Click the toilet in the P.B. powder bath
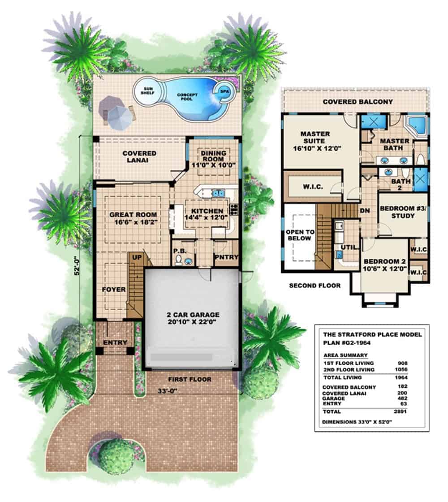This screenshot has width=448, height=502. click(x=180, y=260)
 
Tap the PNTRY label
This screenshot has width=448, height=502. click(x=226, y=257)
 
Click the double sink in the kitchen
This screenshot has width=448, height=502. click(x=218, y=193)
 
